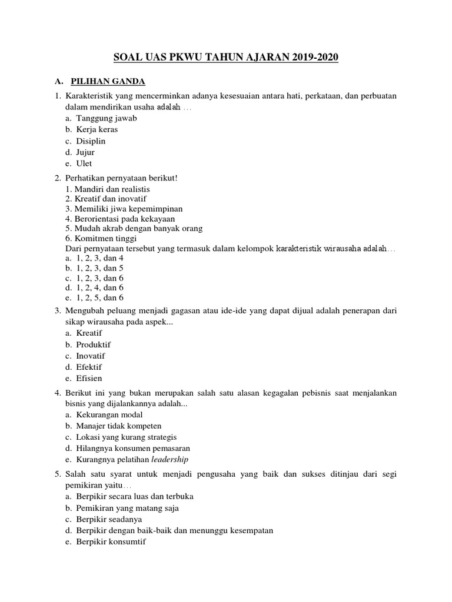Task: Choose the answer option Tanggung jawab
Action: point(106,119)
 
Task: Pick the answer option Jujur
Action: point(85,152)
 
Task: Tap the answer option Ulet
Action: point(84,164)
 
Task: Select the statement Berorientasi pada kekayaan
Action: point(120,219)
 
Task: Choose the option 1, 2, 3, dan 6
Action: point(99,277)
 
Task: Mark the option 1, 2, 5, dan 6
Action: point(99,298)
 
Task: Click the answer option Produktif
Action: point(94,345)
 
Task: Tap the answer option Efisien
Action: point(89,379)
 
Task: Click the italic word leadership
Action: point(170,460)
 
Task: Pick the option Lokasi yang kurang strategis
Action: point(126,437)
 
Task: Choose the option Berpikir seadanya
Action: point(109,519)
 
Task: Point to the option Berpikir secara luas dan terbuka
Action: point(135,496)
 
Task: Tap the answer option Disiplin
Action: point(91,141)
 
